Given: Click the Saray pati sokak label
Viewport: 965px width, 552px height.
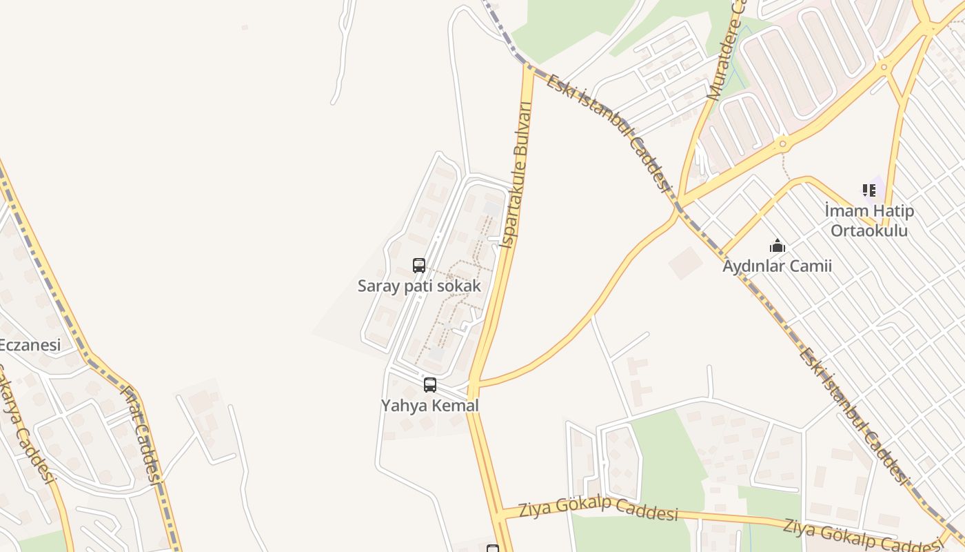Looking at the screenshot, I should point(419,286).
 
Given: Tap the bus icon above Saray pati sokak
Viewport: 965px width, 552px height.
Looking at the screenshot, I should point(419,265).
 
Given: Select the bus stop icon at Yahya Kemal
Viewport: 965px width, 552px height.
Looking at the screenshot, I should point(430,385).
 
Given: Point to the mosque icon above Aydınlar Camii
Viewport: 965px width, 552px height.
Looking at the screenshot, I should point(778,246).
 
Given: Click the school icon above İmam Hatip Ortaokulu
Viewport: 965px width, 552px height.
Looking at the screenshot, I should point(868,190).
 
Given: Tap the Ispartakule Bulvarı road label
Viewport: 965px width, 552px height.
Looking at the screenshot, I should point(517,176).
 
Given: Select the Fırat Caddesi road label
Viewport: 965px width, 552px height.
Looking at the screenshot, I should point(142,435).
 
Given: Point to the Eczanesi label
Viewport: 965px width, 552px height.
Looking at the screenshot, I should point(30,345).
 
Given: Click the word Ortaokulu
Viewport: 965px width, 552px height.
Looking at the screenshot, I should point(869,230).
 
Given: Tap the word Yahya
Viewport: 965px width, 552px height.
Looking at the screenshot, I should point(403,406).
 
